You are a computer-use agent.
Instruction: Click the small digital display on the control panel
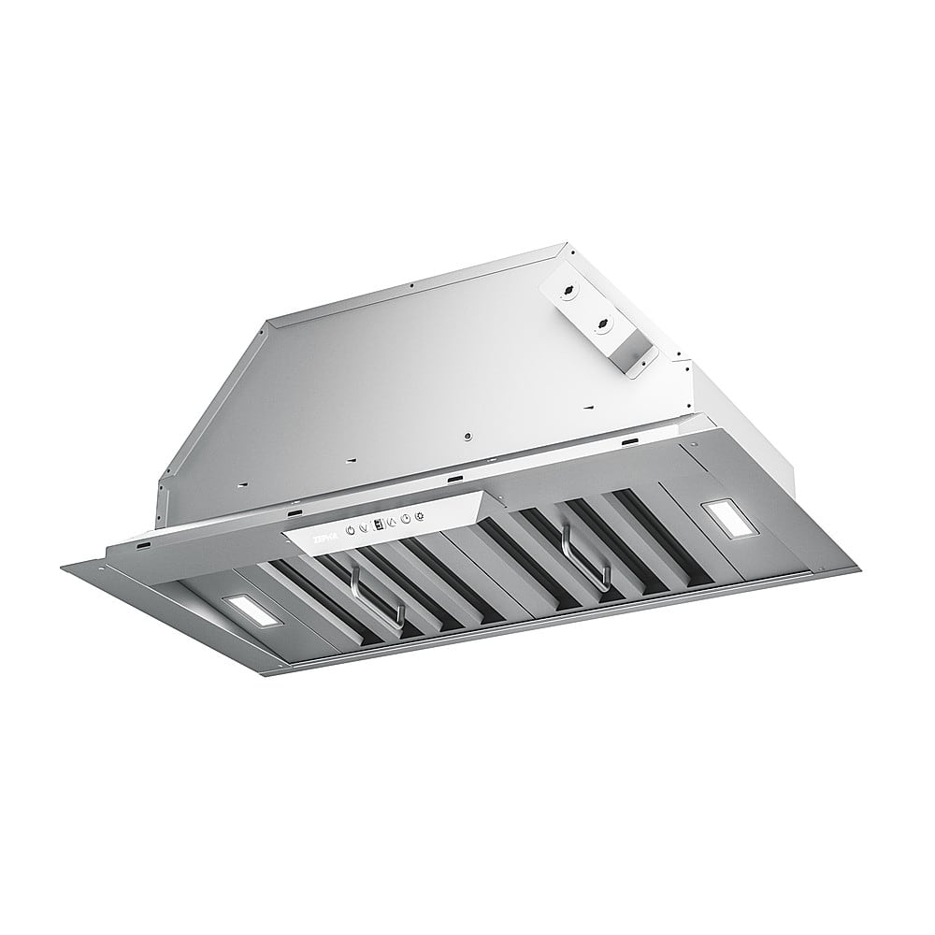click(376, 525)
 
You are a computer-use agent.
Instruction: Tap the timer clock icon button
click(404, 519)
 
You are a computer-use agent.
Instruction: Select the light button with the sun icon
click(418, 515)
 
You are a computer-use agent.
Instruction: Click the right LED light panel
click(725, 516)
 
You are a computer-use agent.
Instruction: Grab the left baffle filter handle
click(376, 598)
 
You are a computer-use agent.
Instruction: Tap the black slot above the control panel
click(454, 479)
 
